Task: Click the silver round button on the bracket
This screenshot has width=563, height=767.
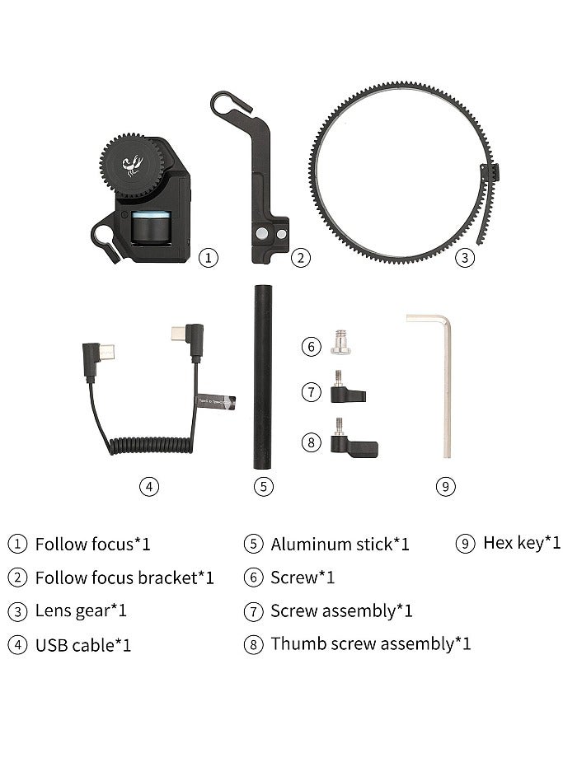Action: coord(265,234)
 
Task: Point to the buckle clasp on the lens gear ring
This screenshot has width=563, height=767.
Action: coord(488,173)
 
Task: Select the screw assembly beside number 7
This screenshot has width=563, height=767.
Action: coord(343,389)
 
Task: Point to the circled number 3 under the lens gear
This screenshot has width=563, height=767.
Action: coord(466,258)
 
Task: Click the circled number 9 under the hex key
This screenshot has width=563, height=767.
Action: coord(445,486)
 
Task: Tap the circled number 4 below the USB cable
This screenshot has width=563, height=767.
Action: coord(148,486)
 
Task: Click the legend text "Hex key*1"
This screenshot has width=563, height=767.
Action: coord(522,542)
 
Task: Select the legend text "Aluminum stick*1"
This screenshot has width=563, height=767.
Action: coord(340,544)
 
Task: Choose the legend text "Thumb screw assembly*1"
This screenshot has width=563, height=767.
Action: coord(370,643)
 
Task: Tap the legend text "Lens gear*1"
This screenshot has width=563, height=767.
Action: coord(81,610)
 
